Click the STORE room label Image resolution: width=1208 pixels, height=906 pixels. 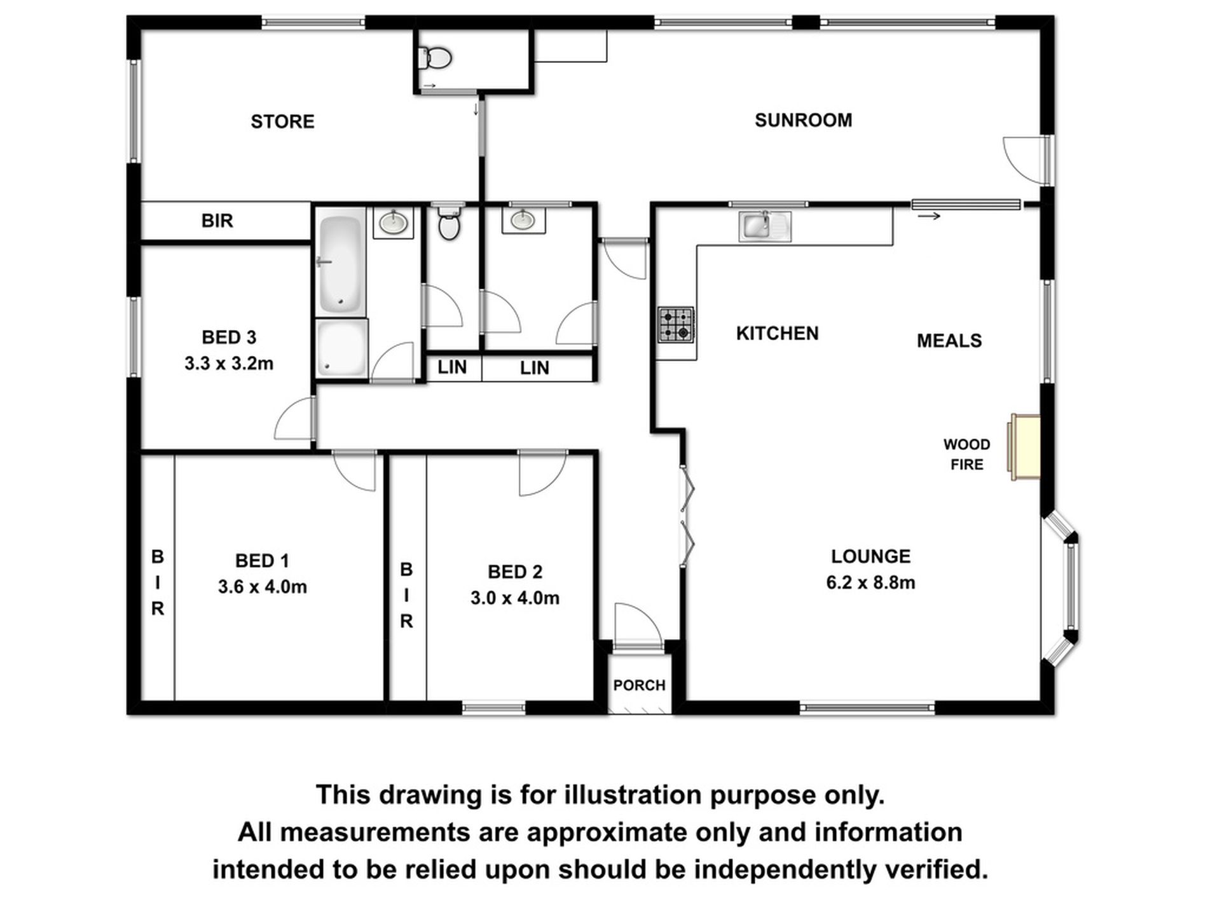(282, 121)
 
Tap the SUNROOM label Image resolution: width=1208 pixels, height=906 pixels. (803, 120)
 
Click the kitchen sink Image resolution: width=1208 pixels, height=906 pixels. (764, 226)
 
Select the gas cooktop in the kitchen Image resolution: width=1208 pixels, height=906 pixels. (676, 324)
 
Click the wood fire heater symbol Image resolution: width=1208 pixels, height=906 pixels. (1025, 447)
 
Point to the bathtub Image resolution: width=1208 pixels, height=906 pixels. (341, 263)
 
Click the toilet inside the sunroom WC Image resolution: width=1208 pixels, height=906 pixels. (436, 58)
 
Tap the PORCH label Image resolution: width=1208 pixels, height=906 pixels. (639, 685)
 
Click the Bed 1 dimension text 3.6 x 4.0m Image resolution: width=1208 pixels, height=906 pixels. (262, 587)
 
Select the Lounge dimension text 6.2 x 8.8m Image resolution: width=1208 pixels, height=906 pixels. (870, 582)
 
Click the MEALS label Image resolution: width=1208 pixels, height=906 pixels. (949, 341)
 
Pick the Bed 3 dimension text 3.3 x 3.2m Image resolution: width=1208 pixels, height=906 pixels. (229, 364)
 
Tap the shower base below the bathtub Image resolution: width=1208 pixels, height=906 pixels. (342, 348)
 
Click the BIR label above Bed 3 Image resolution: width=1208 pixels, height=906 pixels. (217, 221)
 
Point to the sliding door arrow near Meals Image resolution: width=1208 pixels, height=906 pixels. (929, 217)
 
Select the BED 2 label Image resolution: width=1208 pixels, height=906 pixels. (515, 572)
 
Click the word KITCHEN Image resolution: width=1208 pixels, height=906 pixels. (777, 333)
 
